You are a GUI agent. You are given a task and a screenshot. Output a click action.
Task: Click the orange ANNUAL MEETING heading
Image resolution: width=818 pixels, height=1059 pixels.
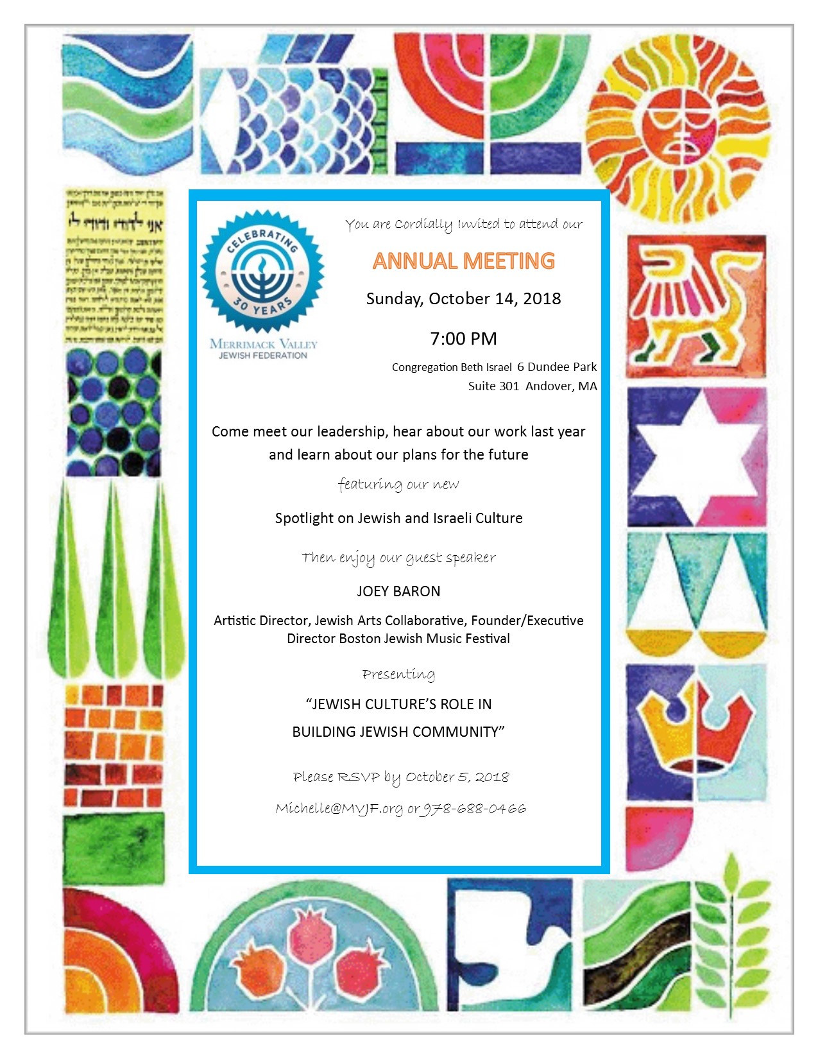(x=463, y=261)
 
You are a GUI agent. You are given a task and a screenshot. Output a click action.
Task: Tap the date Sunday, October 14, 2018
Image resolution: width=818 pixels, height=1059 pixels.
(x=463, y=299)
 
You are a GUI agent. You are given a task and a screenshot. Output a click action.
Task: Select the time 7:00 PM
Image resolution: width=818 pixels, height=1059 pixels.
(x=463, y=339)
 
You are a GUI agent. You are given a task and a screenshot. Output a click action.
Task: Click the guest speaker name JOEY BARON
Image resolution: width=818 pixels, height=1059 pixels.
(x=398, y=592)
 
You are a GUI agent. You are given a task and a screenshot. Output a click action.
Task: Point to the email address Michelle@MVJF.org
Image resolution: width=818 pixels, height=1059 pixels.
(x=339, y=809)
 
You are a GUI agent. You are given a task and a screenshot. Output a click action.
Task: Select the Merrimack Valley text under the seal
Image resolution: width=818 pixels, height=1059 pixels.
(x=263, y=344)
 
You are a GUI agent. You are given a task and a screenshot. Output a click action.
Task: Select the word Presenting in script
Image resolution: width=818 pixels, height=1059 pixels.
(x=398, y=675)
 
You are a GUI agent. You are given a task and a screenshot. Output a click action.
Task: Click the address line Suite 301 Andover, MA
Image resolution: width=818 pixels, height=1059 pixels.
(x=532, y=386)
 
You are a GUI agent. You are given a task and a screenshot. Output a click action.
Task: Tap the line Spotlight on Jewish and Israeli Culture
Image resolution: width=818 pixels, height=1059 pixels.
(x=398, y=519)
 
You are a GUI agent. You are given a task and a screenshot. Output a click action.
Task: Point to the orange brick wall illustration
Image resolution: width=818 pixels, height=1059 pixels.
(x=114, y=745)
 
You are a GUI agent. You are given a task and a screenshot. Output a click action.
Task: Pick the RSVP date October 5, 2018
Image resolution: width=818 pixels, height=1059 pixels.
(x=457, y=777)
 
